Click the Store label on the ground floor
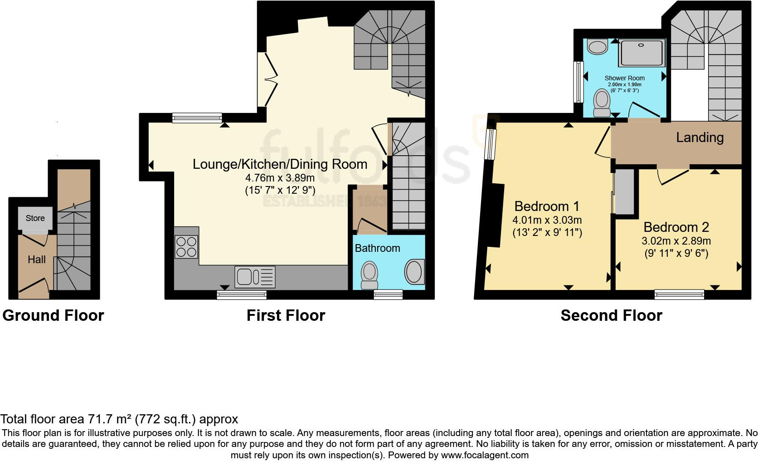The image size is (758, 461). pos(35,218)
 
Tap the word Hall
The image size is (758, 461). pos(37,260)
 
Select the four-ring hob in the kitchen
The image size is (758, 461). pos(186,247)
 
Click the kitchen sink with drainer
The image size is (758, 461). pos(255,277)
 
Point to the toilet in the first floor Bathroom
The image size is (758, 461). pos(369,275)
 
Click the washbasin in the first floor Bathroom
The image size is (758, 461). pos(414,272)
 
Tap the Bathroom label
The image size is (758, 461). pos(377,248)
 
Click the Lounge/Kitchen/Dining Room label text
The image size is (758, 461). pos(280,164)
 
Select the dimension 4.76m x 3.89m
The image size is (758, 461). pos(280,178)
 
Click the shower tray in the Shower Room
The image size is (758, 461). pos(641,53)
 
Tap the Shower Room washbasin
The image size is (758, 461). pos(598,47)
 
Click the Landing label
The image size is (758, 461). pos(700,137)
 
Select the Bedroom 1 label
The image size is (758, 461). pos(547,206)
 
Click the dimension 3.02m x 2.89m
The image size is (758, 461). pos(676,241)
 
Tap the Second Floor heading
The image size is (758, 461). pos(612,316)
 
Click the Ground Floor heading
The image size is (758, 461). pos(53,316)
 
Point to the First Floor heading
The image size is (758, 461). pos(286,316)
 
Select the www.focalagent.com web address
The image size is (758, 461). pos(485,456)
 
